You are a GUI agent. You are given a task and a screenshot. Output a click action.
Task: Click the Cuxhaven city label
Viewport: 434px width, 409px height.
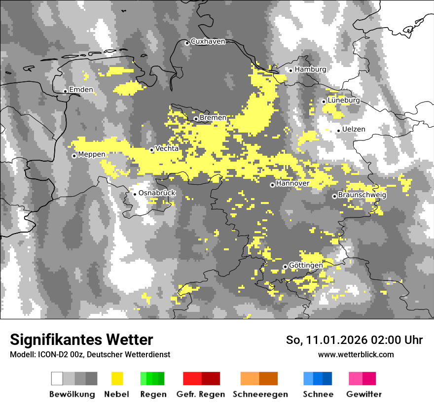208,41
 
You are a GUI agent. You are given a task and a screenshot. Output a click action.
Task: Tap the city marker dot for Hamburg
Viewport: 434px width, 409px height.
291,70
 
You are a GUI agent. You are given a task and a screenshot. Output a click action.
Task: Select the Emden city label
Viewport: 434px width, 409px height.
81,90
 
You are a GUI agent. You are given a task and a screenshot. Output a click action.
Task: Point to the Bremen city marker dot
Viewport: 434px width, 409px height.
196,119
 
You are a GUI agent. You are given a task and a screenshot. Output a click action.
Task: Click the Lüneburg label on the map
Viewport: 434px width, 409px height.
344,101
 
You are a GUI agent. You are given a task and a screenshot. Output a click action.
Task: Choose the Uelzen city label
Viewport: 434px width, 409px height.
354,130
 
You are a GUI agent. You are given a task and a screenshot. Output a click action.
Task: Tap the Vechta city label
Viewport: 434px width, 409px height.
167,148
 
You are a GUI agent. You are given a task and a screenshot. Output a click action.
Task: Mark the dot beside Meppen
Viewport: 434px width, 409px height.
74,156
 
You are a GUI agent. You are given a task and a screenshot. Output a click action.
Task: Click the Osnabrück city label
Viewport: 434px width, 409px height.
157,193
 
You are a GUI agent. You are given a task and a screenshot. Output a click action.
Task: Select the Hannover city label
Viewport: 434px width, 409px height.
293,183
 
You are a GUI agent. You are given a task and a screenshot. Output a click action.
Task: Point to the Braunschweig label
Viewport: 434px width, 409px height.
362,195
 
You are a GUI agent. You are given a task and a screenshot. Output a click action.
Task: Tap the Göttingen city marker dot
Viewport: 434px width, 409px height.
285,267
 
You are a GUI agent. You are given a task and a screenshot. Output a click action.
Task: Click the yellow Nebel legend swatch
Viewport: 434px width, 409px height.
117,378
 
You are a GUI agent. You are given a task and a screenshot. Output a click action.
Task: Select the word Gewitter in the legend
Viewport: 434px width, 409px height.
364,394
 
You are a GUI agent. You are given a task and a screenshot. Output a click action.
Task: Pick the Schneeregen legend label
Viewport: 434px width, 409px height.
260,394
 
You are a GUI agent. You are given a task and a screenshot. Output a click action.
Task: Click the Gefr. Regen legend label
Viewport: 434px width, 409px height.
201,394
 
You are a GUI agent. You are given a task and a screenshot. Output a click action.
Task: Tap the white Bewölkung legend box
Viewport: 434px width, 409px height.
57,378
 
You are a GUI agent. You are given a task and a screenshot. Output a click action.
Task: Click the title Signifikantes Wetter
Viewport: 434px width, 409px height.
81,340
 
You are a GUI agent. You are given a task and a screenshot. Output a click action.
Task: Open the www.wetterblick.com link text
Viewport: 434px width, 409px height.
356,354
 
